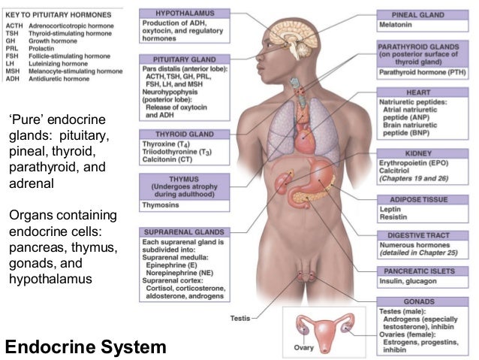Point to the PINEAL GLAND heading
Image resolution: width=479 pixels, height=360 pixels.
click(425, 15)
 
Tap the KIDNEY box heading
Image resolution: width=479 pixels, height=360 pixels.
click(426, 153)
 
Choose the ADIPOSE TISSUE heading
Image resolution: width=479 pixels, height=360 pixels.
click(425, 200)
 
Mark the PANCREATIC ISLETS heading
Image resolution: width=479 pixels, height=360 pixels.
click(425, 269)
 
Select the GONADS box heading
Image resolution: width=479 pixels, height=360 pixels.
click(425, 301)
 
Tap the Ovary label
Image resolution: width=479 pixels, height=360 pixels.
click(303, 347)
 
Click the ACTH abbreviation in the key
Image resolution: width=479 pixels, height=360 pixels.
click(15, 26)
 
